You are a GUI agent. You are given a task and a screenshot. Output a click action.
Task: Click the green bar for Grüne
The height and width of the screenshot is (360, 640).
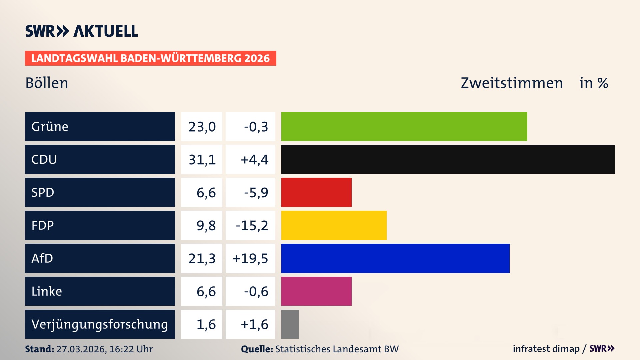pos(404,126)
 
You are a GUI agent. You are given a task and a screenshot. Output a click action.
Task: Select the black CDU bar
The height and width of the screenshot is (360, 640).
pos(448,159)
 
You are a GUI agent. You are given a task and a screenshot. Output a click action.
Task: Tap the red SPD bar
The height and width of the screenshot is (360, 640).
pos(316,192)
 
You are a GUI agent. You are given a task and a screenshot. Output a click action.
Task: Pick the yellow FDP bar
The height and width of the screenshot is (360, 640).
pos(334,225)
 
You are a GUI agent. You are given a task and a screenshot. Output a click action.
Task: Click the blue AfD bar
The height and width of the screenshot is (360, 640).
pos(395,258)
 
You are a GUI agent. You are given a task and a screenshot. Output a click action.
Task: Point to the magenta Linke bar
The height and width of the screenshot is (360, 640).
pos(316,291)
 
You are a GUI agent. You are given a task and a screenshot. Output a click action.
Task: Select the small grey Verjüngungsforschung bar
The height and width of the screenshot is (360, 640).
pos(290,324)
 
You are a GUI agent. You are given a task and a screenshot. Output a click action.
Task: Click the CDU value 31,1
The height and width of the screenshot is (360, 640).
pos(202,160)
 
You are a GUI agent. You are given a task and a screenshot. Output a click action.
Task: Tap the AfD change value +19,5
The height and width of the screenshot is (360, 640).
pos(250,259)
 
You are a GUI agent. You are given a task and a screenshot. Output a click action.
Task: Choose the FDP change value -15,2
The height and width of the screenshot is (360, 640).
pos(252,226)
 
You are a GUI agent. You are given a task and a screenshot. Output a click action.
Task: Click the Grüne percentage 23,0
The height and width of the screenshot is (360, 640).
pos(202,127)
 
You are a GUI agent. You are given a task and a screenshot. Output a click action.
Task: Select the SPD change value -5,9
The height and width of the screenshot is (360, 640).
pos(256,193)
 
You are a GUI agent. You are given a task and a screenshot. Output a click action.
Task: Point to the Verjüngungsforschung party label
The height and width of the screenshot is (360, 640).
pos(99,324)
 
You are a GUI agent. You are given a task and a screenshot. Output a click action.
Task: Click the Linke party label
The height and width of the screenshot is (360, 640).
pos(47,291)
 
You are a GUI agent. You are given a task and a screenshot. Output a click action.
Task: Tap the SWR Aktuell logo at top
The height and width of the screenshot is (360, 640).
pos(81,31)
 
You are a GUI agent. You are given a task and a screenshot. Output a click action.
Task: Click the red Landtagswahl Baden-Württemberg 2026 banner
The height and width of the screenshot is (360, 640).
pos(150,58)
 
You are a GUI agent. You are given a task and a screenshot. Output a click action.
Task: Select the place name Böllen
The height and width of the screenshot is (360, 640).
pos(47,83)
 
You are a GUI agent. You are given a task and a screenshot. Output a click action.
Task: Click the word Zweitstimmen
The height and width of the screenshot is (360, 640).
pos(512,83)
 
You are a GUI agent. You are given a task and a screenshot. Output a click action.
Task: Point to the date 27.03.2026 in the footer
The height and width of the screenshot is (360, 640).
pos(81,349)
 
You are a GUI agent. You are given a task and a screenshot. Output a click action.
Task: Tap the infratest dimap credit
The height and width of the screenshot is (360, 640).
pos(546,349)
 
